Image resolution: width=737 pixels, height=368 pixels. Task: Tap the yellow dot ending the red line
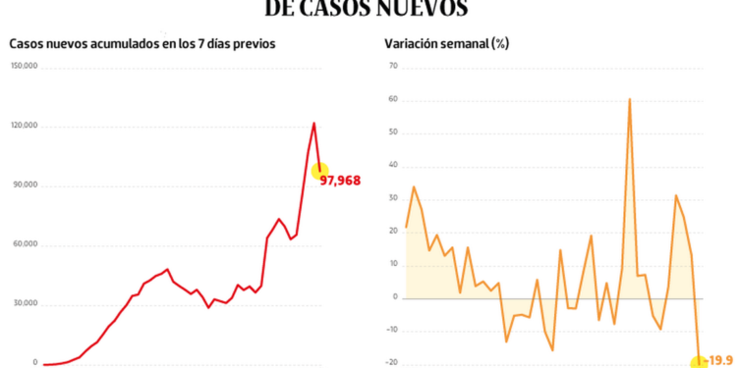(x=320, y=172)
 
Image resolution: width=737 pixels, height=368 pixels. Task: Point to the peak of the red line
(x=313, y=123)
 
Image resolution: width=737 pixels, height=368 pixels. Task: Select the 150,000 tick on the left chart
(x=25, y=66)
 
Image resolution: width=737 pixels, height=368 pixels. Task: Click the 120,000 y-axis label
(x=25, y=126)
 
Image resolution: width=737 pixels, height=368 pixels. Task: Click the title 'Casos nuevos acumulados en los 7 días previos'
(x=142, y=43)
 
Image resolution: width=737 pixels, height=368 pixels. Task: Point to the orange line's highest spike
(x=629, y=99)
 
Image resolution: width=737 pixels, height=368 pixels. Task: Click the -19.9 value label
(x=721, y=361)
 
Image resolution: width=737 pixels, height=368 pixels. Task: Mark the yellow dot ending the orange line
(x=699, y=362)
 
